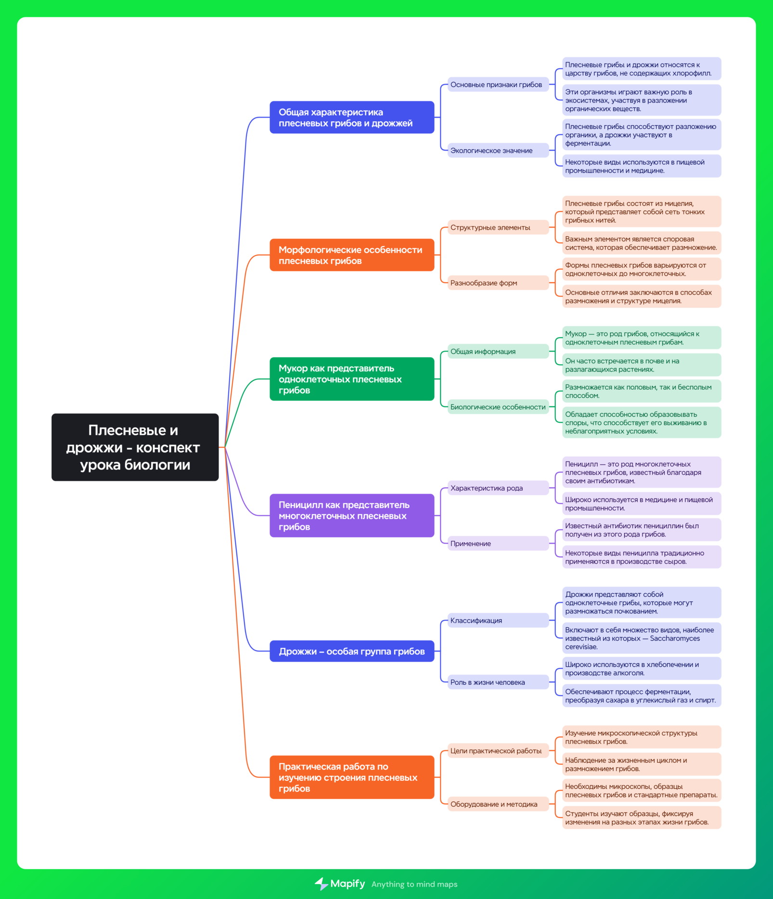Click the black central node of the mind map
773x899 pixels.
pyautogui.click(x=135, y=447)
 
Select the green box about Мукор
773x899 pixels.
pyautogui.click(x=352, y=378)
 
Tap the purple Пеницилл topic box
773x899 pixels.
pyautogui.click(x=352, y=515)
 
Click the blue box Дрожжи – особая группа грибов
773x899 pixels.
pyautogui.click(x=352, y=651)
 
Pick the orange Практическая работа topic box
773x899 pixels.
pyautogui.click(x=352, y=777)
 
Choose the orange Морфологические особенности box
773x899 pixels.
pyautogui.click(x=352, y=255)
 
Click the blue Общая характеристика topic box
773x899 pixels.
pyautogui.click(x=352, y=117)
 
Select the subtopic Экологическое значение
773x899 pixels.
pyautogui.click(x=498, y=150)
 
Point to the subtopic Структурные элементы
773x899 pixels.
pyautogui.click(x=498, y=227)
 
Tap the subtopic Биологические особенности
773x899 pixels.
pyautogui.click(x=498, y=407)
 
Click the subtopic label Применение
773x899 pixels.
pyautogui.click(x=498, y=543)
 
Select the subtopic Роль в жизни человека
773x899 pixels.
pyautogui.click(x=498, y=682)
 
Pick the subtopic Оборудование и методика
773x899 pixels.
pyautogui.click(x=498, y=804)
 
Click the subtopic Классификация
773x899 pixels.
pyautogui.click(x=498, y=620)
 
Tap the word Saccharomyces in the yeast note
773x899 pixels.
pyautogui.click(x=675, y=638)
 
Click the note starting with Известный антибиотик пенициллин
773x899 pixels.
pyautogui.click(x=642, y=530)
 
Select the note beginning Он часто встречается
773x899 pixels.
pyautogui.click(x=642, y=365)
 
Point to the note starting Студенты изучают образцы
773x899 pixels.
pyautogui.click(x=642, y=818)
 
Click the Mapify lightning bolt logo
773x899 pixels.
pyautogui.click(x=321, y=884)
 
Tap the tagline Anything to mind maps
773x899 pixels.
pyautogui.click(x=414, y=884)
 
